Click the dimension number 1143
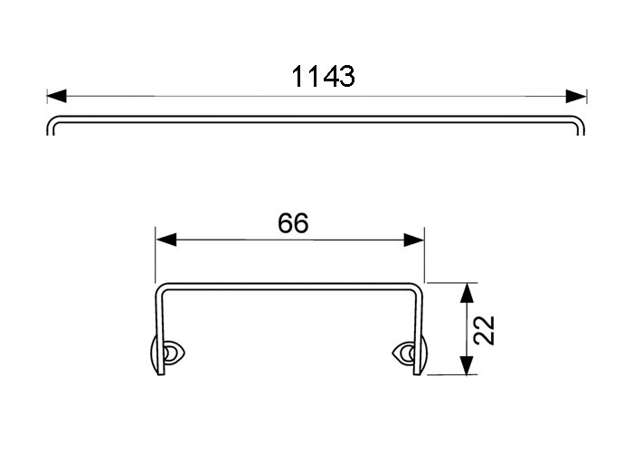click(322, 77)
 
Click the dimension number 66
click(294, 222)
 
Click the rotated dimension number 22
click(486, 329)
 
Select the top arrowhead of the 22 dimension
click(465, 292)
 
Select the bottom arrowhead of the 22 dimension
click(465, 365)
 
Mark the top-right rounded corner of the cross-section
click(417, 290)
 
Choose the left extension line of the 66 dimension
click(156, 258)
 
